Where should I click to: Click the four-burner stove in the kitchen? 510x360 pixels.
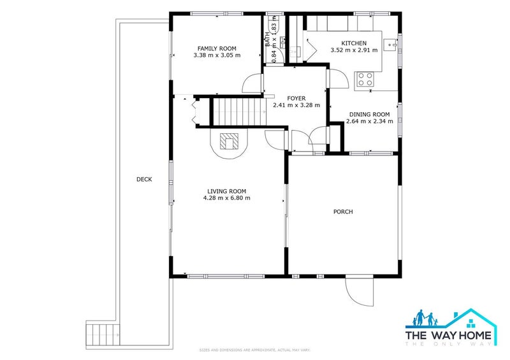tap(365, 79)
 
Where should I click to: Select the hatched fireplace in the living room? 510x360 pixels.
tap(228, 141)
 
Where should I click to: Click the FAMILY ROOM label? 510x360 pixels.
tap(217, 48)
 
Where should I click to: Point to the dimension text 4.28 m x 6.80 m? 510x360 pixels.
tap(226, 198)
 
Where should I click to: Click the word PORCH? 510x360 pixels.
tap(343, 212)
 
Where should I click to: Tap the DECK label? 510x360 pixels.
tap(144, 179)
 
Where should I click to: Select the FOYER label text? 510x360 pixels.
tap(296, 98)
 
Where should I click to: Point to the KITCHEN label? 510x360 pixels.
tap(353, 43)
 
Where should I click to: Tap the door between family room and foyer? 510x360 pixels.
tap(253, 83)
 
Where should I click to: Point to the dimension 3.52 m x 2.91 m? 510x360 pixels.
tap(353, 50)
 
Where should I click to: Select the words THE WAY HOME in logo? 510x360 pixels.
tap(450, 335)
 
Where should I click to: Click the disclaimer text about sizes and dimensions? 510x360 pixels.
tap(254, 350)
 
